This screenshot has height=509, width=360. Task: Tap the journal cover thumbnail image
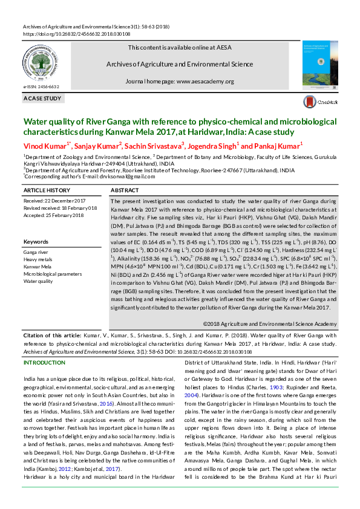click(319, 63)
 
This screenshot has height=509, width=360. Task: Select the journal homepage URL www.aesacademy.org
click(205, 81)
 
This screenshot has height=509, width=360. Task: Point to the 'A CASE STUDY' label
click(42, 98)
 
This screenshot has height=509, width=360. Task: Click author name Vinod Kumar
click(46, 146)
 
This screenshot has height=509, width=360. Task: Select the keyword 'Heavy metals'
click(38, 259)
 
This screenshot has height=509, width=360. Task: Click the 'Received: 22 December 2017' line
click(54, 200)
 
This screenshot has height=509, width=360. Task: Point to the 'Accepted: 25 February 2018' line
click(53, 215)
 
